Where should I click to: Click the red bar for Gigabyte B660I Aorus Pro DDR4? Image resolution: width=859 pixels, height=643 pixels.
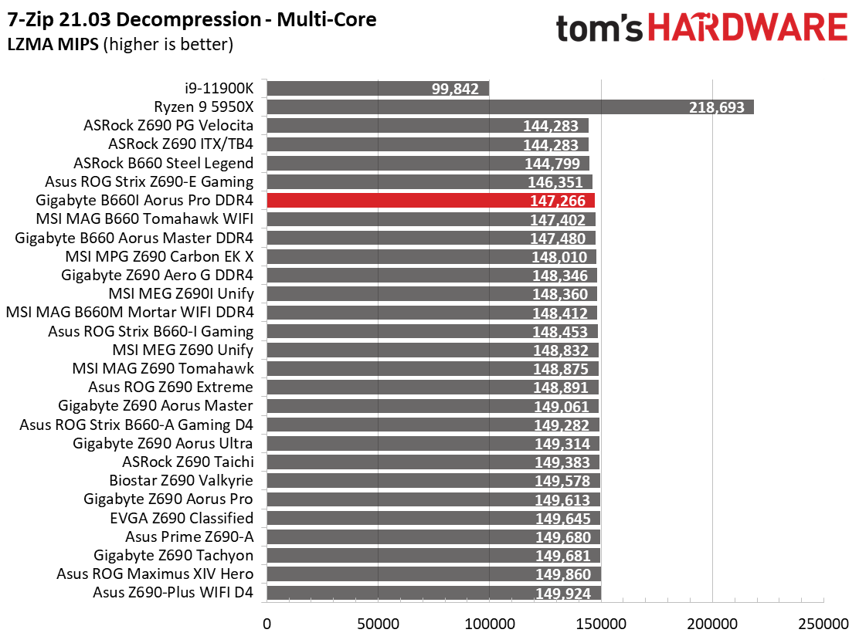coord(430,200)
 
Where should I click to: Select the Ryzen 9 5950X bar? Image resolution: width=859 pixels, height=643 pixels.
coord(511,107)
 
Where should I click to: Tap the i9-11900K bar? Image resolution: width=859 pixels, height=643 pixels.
coord(378,88)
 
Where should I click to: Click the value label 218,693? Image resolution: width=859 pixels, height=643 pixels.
coord(717,107)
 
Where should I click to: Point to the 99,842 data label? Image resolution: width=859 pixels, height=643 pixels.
coord(455,89)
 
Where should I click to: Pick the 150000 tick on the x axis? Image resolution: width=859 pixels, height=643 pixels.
coord(601,624)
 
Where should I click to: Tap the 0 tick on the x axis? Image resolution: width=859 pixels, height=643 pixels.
coord(267,624)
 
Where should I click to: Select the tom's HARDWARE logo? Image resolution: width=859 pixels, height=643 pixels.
coord(701,28)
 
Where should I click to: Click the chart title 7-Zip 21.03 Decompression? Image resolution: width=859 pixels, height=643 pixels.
coord(134,20)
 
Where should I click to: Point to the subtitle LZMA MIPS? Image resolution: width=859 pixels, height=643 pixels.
coord(53,44)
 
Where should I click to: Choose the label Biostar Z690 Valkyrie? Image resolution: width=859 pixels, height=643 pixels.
coord(182,480)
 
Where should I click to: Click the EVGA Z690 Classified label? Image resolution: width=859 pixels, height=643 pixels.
coord(182,518)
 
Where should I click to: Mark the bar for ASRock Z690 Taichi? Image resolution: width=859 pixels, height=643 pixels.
coord(433,462)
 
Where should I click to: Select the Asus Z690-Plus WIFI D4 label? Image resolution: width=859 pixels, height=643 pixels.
coord(173,592)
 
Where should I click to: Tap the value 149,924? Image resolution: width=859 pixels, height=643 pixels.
coord(563,593)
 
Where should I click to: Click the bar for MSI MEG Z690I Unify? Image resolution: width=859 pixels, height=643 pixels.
coord(433,294)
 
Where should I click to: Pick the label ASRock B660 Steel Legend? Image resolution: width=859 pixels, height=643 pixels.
coord(163,163)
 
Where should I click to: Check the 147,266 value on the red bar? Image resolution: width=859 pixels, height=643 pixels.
coord(558,201)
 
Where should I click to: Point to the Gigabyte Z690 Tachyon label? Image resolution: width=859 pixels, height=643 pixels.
coord(174,555)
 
